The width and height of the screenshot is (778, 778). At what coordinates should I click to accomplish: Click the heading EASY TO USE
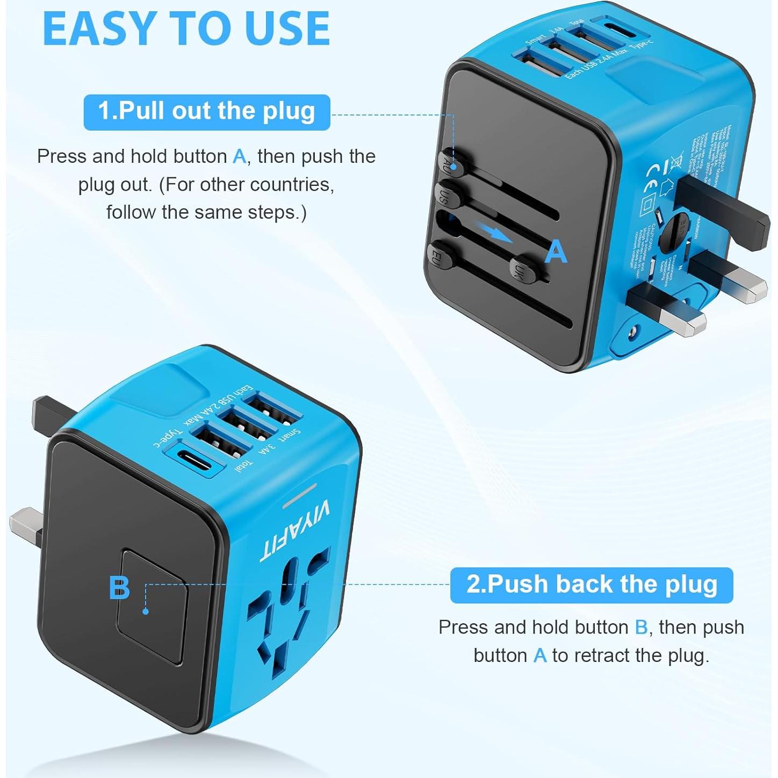pyautogui.click(x=186, y=29)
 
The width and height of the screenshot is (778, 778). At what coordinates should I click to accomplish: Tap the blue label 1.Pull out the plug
pyautogui.click(x=206, y=112)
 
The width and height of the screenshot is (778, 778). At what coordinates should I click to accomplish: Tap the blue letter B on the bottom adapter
pyautogui.click(x=119, y=588)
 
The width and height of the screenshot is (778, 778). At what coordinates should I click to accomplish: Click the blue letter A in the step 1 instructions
pyautogui.click(x=239, y=157)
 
